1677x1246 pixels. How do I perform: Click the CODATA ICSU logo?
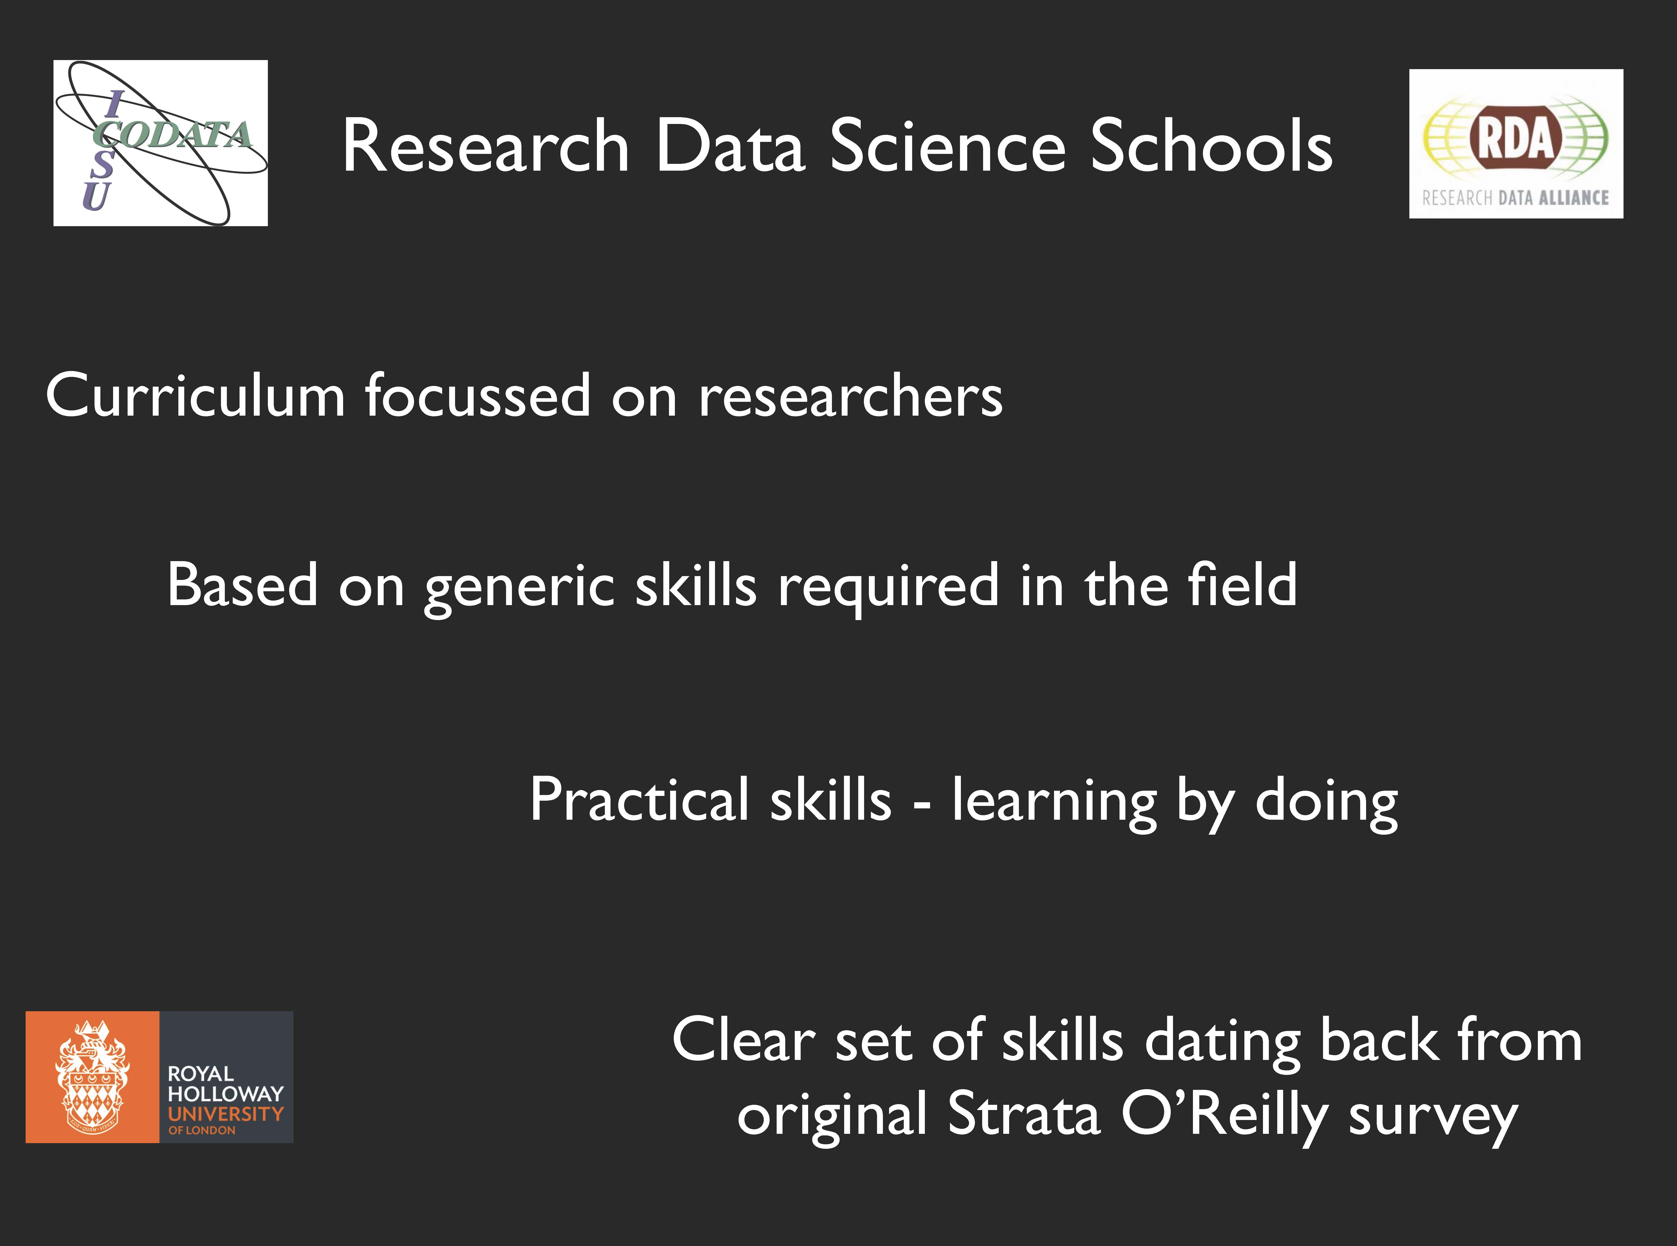click(x=161, y=143)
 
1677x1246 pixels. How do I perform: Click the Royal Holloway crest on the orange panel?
click(x=92, y=1076)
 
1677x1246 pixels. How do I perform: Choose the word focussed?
click(x=478, y=395)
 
